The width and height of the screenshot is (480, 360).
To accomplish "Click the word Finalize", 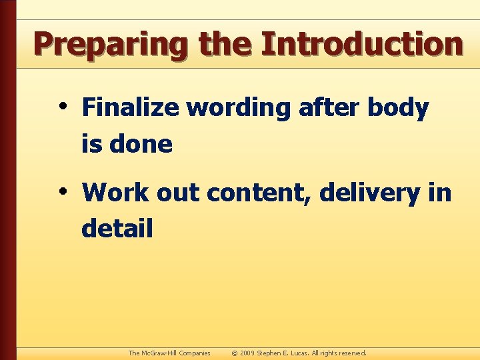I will pos(130,107).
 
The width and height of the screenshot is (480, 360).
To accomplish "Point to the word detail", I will pos(117,229).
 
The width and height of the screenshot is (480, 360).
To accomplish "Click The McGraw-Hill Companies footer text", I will pos(169,353).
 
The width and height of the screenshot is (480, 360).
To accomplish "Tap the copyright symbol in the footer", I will pos(234,353).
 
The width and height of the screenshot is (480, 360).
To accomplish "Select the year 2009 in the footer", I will pos(247,353).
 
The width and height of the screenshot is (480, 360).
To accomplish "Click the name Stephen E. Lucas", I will pos(284,353).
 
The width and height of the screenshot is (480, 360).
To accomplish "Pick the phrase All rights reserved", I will pos(341,353).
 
